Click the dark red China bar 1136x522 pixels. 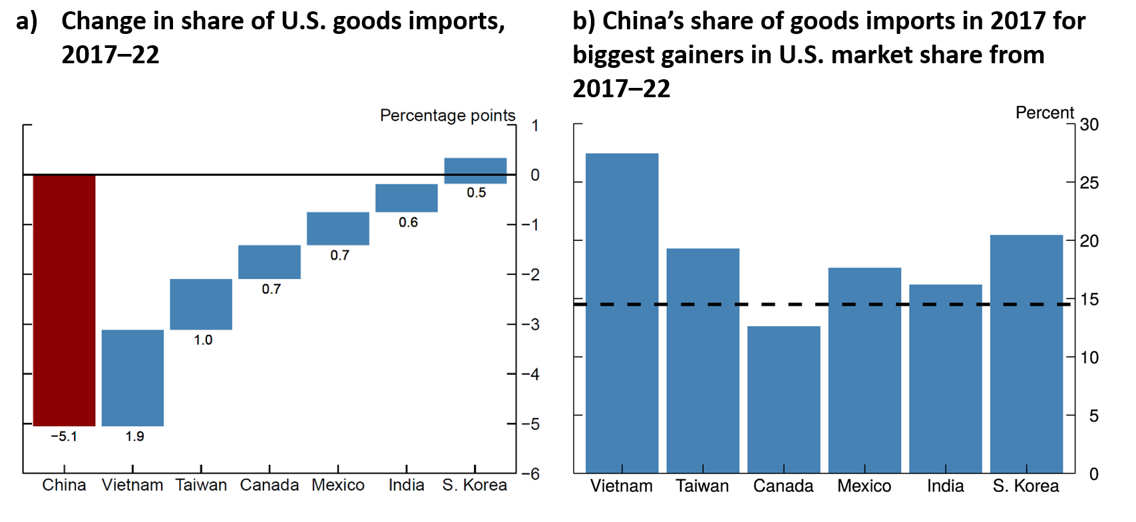(64, 300)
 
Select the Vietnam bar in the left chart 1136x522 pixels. (132, 378)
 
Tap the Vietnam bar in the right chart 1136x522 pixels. (622, 313)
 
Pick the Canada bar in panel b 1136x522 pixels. (783, 399)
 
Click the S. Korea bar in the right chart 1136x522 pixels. (1026, 354)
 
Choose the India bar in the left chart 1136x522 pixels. (406, 198)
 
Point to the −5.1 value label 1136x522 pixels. (64, 437)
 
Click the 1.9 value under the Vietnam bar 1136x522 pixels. (134, 437)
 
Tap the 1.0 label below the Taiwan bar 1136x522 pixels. (203, 340)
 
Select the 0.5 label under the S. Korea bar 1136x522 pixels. (476, 193)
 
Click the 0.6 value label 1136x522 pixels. (408, 222)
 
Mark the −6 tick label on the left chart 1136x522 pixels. (530, 474)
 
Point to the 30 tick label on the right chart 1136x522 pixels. (1089, 125)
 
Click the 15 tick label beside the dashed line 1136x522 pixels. (1089, 300)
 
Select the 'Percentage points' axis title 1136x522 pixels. (447, 116)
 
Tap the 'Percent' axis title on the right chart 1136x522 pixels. (1044, 113)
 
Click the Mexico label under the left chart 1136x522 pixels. (338, 485)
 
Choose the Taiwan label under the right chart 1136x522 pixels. (702, 486)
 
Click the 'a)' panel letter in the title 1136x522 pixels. (27, 21)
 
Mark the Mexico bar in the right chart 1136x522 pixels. (864, 370)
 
